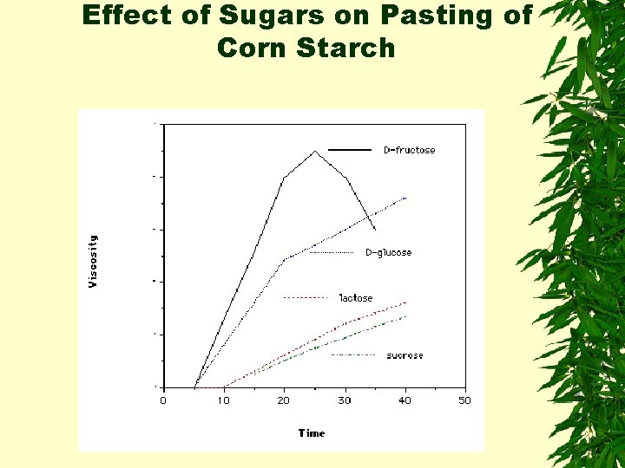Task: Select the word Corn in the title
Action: [x=253, y=49]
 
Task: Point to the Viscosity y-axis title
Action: [x=93, y=260]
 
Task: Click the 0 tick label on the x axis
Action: [x=163, y=400]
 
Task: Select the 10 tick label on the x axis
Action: [x=223, y=400]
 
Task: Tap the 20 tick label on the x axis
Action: [x=284, y=400]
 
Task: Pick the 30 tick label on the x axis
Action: [x=345, y=400]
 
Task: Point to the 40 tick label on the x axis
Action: [x=405, y=400]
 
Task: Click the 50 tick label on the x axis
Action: [x=465, y=400]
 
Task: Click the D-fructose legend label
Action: [x=409, y=150]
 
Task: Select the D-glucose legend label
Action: [x=388, y=253]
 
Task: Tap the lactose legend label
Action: [x=355, y=298]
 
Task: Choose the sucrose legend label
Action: [x=405, y=355]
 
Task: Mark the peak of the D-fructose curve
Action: [x=314, y=151]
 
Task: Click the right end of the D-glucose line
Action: [x=405, y=198]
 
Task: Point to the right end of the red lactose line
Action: [x=405, y=302]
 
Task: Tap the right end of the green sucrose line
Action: [x=405, y=316]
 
